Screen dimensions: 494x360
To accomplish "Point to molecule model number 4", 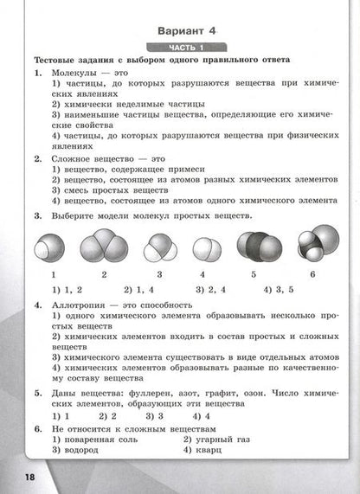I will (205, 248).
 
